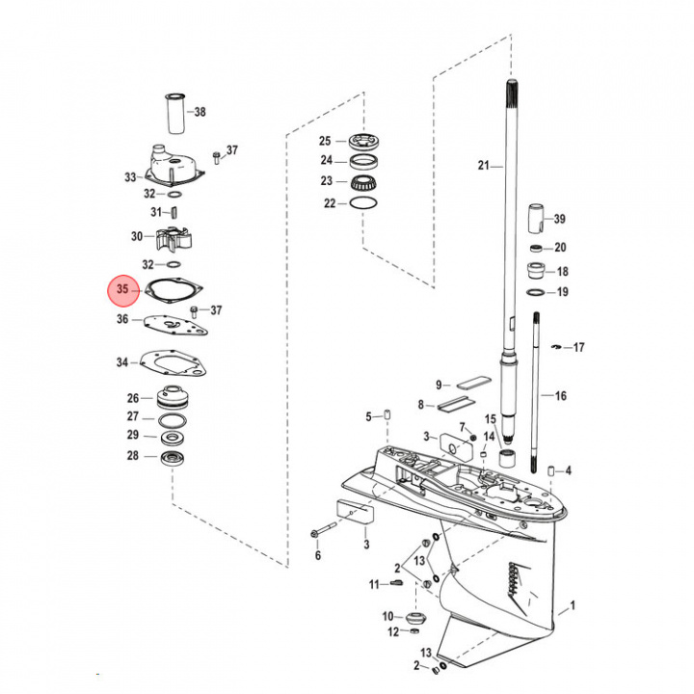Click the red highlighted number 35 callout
tap(123, 289)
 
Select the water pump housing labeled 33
tap(175, 164)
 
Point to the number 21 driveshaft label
tap(483, 165)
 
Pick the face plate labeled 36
tap(174, 325)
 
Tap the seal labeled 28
tap(173, 456)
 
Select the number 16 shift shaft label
tap(560, 396)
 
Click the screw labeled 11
tap(395, 584)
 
